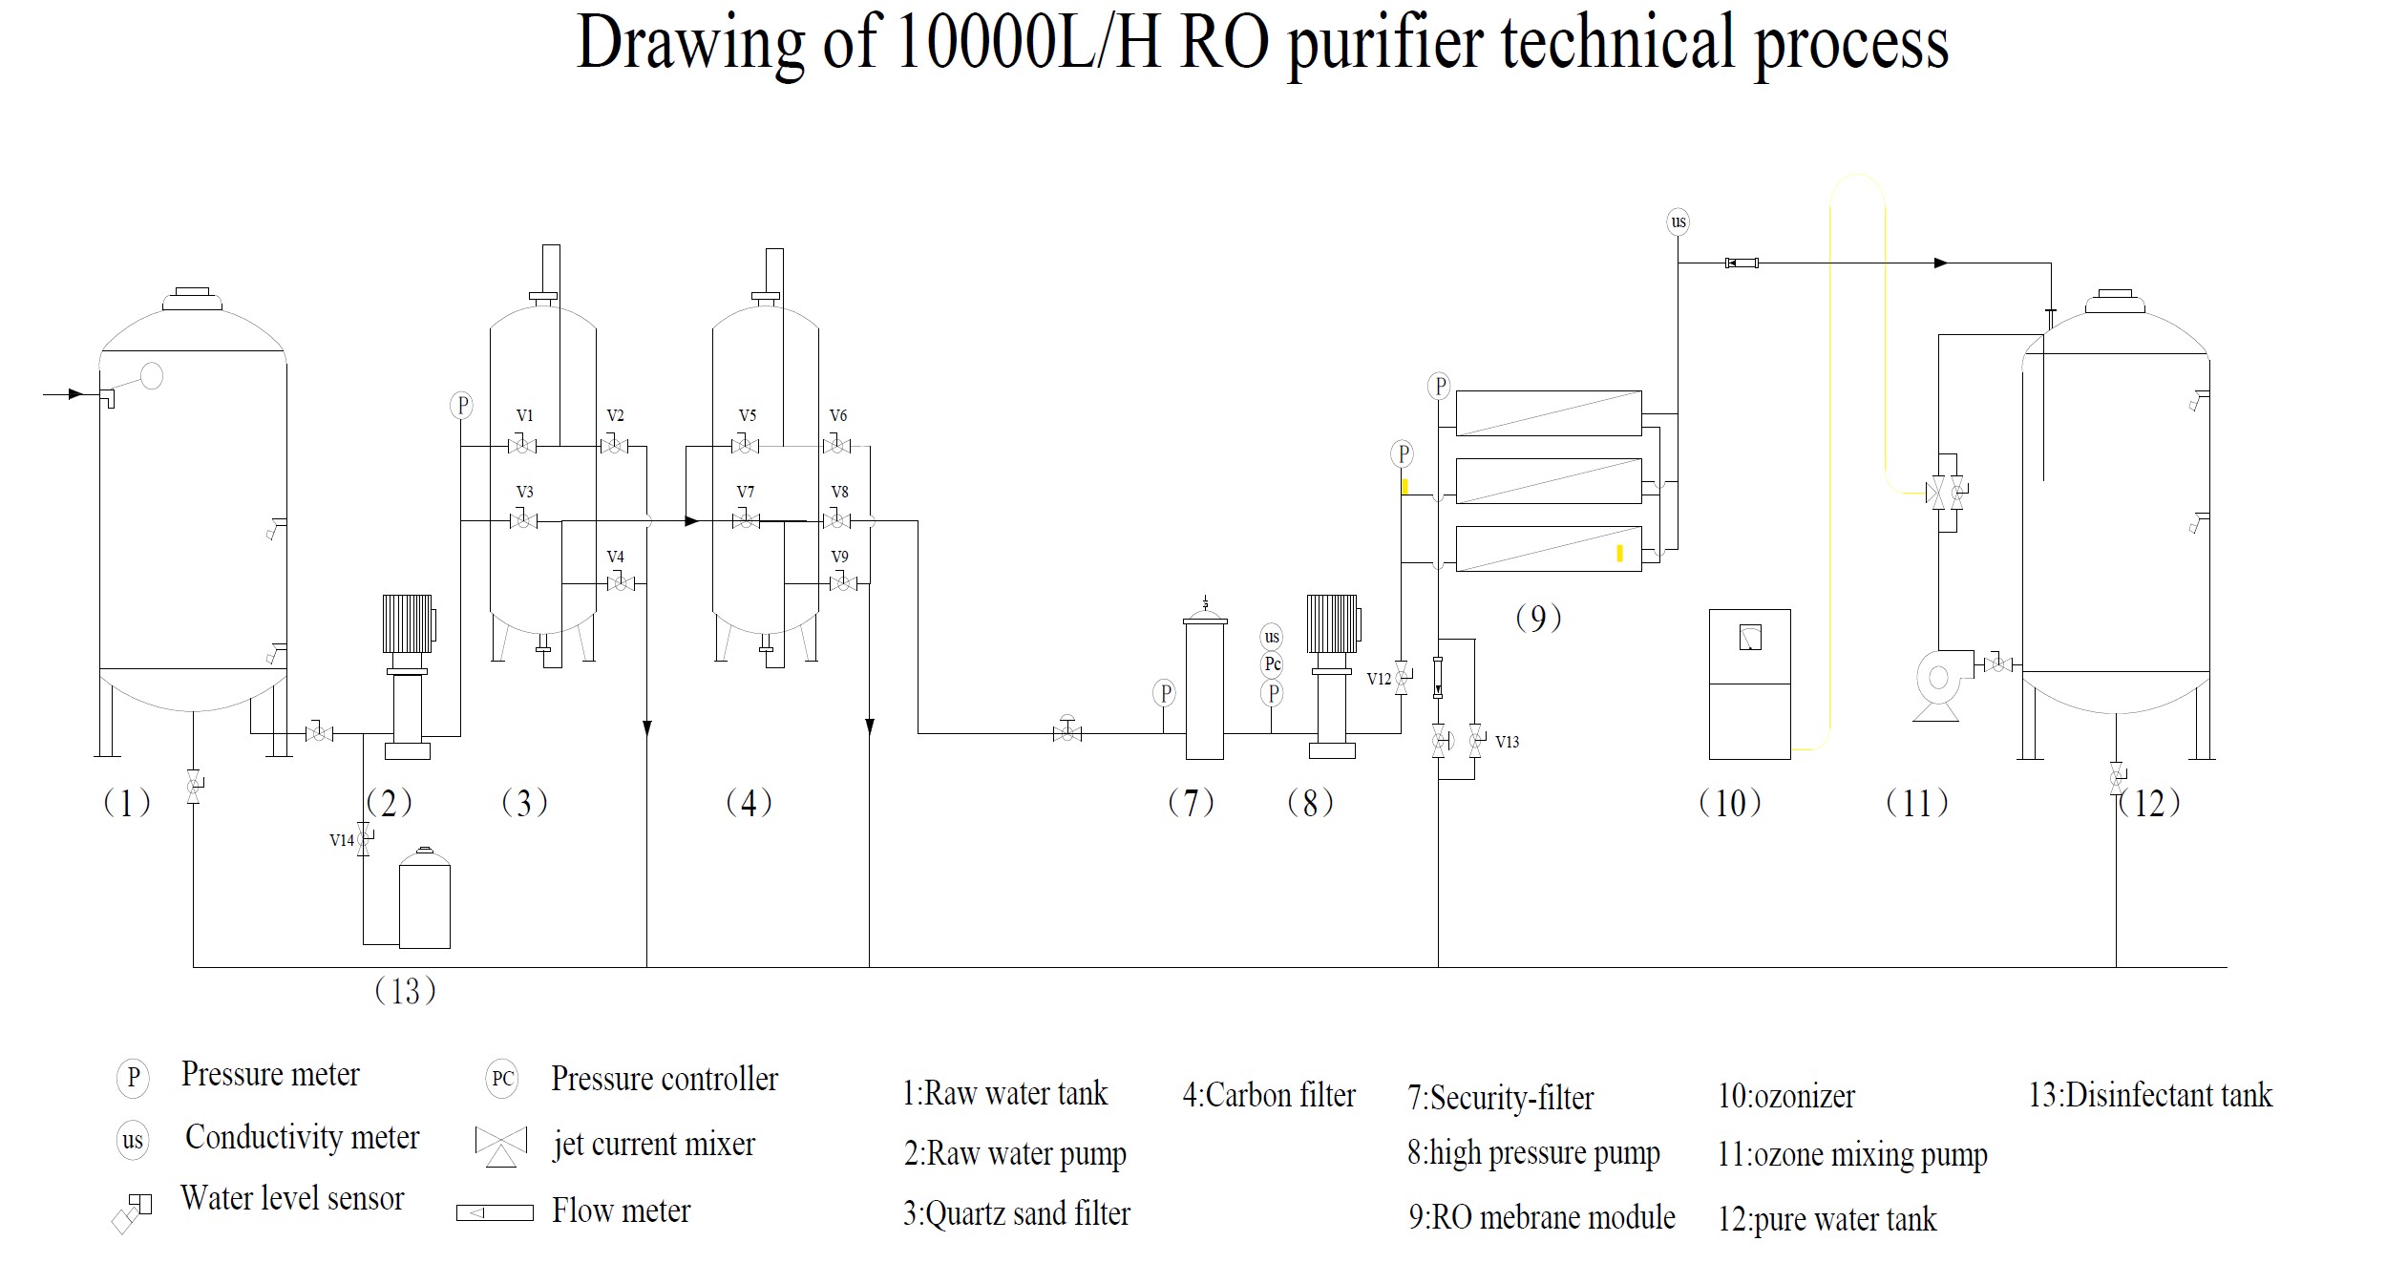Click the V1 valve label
point(524,415)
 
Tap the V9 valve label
point(839,557)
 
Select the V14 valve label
point(341,840)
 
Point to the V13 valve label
point(1507,742)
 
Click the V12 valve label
point(1379,679)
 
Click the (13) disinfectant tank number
point(405,991)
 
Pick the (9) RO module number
point(1538,619)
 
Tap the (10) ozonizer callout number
point(1729,803)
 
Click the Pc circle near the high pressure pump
point(1272,664)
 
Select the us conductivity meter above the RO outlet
point(1678,221)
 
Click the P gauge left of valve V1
point(462,406)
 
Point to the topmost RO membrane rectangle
point(1548,412)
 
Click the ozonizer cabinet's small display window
point(1750,637)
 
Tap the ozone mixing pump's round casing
point(1938,678)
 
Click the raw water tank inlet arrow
point(72,393)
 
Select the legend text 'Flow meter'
point(621,1211)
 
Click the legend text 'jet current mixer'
point(654,1144)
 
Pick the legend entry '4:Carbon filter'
point(1268,1095)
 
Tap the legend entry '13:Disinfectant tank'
point(2149,1095)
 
